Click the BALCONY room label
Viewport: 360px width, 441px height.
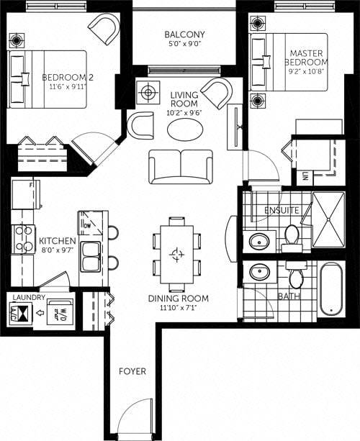[x=184, y=35]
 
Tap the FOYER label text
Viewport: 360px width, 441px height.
[x=132, y=371]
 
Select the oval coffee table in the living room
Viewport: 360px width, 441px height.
[x=184, y=130]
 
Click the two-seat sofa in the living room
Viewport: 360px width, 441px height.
[x=181, y=167]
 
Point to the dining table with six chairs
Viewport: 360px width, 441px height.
[x=176, y=253]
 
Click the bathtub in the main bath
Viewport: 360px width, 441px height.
[x=331, y=289]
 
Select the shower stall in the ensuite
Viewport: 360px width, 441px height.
[x=332, y=219]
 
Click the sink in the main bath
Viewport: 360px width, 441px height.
[x=258, y=272]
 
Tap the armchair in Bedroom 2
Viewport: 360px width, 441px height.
[x=104, y=28]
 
